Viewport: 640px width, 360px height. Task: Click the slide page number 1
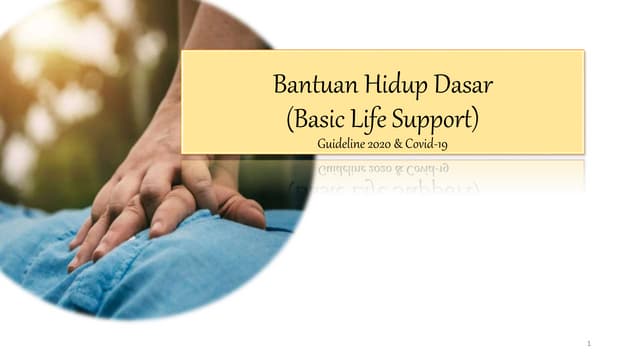[x=589, y=343]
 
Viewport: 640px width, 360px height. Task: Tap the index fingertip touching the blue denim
[x=75, y=262]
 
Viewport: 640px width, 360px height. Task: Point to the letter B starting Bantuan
[x=280, y=84]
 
